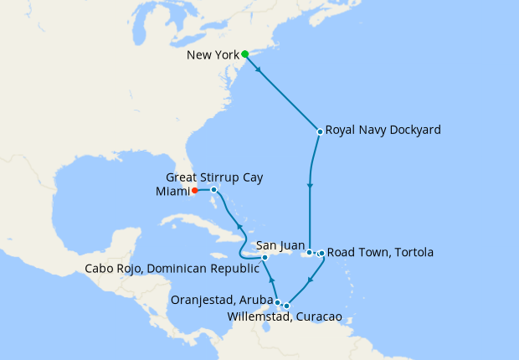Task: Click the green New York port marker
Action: [x=245, y=54]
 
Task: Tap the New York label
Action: [x=213, y=55]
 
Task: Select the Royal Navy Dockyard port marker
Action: [x=320, y=131]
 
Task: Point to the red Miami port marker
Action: [x=195, y=190]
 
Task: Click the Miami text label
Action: [x=172, y=191]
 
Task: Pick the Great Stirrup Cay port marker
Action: [x=214, y=190]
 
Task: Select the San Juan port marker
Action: [x=309, y=252]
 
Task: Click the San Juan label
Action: [x=279, y=245]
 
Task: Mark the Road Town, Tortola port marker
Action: [x=321, y=252]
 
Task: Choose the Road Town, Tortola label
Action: [x=380, y=252]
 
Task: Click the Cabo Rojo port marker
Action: [x=265, y=257]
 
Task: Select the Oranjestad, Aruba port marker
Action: [x=278, y=302]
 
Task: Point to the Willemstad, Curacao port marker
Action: [x=286, y=306]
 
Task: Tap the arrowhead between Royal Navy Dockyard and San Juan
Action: [x=310, y=186]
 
